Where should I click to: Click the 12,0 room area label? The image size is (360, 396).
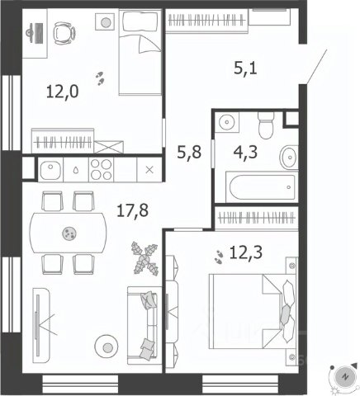click(63, 92)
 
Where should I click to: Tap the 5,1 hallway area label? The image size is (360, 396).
click(245, 68)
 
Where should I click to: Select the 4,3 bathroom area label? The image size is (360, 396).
click(245, 152)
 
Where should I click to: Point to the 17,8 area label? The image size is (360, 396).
click(132, 210)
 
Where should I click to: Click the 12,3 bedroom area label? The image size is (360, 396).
click(246, 252)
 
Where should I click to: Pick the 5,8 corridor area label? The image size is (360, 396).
click(189, 152)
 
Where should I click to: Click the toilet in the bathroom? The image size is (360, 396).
click(266, 125)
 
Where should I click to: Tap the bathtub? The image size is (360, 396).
click(262, 187)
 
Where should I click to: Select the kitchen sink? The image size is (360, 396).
click(50, 170)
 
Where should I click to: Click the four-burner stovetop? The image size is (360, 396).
click(102, 169)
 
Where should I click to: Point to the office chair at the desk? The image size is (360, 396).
click(64, 33)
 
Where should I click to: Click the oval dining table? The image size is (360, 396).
click(68, 233)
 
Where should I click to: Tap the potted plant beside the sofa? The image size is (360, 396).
click(144, 258)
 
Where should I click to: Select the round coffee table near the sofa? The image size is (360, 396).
click(107, 346)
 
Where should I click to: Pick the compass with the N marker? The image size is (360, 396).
click(344, 376)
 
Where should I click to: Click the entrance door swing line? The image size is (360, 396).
click(316, 66)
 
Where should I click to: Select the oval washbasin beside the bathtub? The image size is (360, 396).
click(289, 158)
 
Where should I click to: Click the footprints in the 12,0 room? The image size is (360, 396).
click(100, 78)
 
